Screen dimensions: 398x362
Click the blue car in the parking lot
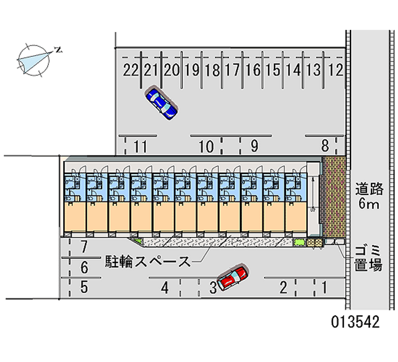[x=161, y=104]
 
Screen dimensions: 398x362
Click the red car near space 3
[x=232, y=277]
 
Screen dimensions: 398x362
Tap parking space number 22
[x=131, y=70]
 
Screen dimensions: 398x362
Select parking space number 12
[x=336, y=70]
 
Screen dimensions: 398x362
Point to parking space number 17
[x=232, y=70]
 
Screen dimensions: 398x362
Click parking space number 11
[x=140, y=146]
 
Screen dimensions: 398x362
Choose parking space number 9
[x=254, y=146]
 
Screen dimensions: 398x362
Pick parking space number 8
[x=325, y=146]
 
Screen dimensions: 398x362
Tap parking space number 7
[x=85, y=246]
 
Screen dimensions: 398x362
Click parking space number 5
[x=84, y=287]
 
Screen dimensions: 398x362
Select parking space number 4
[x=165, y=288]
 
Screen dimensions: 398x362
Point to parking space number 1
[x=324, y=287]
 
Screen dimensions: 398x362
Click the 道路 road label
[x=369, y=189]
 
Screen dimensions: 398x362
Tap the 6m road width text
[x=369, y=203]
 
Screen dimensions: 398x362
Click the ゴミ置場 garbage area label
[x=368, y=258]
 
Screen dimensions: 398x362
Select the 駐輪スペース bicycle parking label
[x=148, y=261]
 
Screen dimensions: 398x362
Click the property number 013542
[x=355, y=322]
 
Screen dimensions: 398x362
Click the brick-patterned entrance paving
[x=333, y=196]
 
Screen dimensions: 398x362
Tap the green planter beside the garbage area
[x=299, y=242]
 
